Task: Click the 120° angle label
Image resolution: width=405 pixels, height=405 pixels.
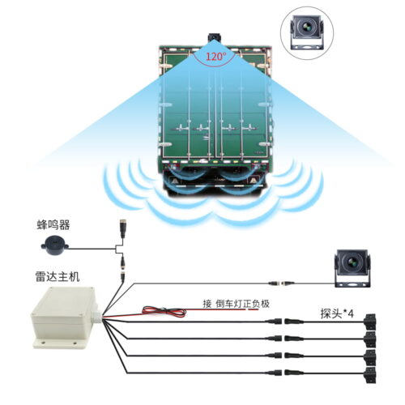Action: pyautogui.click(x=216, y=56)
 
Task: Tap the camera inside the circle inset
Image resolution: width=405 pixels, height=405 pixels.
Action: pyautogui.click(x=307, y=32)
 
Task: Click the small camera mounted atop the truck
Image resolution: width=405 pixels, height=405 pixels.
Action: pyautogui.click(x=215, y=37)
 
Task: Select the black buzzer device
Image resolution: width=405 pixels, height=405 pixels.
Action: pyautogui.click(x=54, y=245)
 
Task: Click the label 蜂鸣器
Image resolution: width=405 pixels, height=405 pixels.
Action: pyautogui.click(x=53, y=225)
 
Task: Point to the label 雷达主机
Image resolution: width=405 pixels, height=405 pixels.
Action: pyautogui.click(x=58, y=277)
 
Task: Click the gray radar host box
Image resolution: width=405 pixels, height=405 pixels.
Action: pyautogui.click(x=65, y=318)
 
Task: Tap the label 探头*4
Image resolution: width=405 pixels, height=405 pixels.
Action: pyautogui.click(x=337, y=313)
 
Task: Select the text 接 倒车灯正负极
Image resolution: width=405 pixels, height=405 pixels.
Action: pyautogui.click(x=237, y=304)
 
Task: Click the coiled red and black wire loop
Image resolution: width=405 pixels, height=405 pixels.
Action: pyautogui.click(x=164, y=311)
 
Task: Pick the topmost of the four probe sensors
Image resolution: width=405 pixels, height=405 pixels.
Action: pyautogui.click(x=370, y=322)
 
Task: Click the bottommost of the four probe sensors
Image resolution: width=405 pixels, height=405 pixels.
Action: pyautogui.click(x=370, y=375)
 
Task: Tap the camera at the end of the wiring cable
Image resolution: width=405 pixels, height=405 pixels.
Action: pyautogui.click(x=352, y=268)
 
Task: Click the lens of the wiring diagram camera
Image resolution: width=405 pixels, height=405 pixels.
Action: pyautogui.click(x=352, y=262)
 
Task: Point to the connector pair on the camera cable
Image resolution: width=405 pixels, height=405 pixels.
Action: pyautogui.click(x=281, y=283)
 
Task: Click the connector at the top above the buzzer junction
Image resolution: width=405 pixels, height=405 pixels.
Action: pyautogui.click(x=123, y=228)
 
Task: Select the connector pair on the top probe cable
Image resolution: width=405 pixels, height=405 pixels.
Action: pyautogui.click(x=284, y=322)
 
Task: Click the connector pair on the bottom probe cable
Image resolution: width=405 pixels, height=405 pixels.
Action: pyautogui.click(x=284, y=373)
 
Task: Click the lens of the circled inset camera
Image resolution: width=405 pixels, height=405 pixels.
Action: pyautogui.click(x=306, y=27)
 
